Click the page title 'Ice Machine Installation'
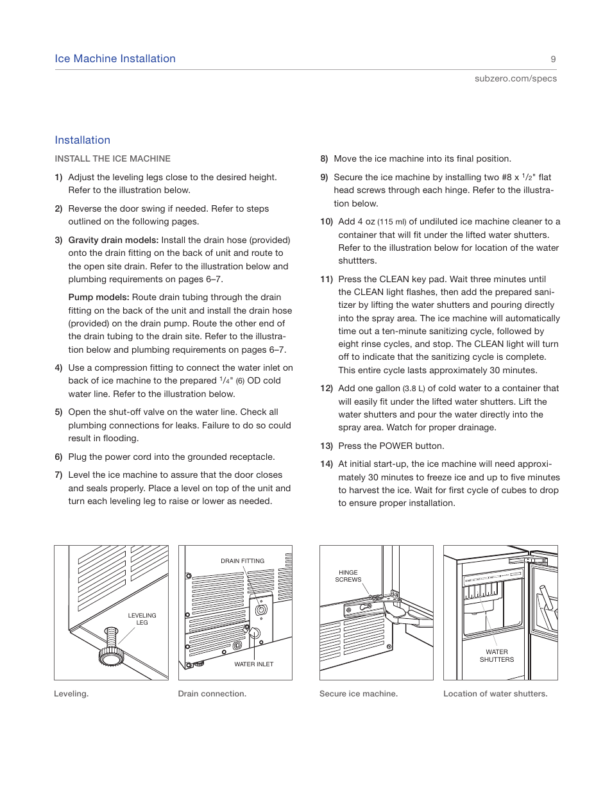coord(115,59)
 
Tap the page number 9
coord(553,59)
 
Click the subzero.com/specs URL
coord(515,78)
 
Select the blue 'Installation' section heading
coord(82,140)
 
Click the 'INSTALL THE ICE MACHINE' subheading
coord(112,158)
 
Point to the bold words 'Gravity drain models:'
coord(113,240)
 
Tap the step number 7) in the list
coord(58,475)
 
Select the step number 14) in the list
coord(327,464)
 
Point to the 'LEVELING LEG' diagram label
coord(142,619)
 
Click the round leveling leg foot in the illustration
coord(111,657)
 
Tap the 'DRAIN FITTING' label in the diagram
coord(242,561)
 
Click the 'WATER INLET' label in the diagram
coord(253,664)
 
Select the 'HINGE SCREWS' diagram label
coord(348,576)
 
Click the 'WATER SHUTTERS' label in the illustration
coord(497,655)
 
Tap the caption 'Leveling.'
coord(71,693)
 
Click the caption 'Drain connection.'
coord(212,693)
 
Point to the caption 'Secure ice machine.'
coord(358,693)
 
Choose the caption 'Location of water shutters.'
coord(495,693)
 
